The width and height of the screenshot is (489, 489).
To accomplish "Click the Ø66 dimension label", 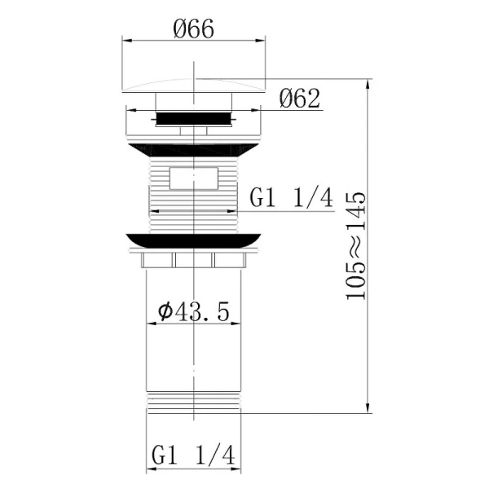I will pyautogui.click(x=193, y=29).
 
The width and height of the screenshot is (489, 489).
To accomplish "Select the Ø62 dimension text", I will pyautogui.click(x=299, y=99).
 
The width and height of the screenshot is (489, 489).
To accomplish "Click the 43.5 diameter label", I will pyautogui.click(x=193, y=311).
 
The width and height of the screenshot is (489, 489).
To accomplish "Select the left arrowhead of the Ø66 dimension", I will pyautogui.click(x=126, y=38).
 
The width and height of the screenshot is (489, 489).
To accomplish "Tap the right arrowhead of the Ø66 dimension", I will pyautogui.click(x=262, y=38).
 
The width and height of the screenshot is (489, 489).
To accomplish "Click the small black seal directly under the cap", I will pyautogui.click(x=193, y=118).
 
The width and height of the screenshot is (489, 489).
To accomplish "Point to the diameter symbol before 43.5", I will pyautogui.click(x=163, y=311).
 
